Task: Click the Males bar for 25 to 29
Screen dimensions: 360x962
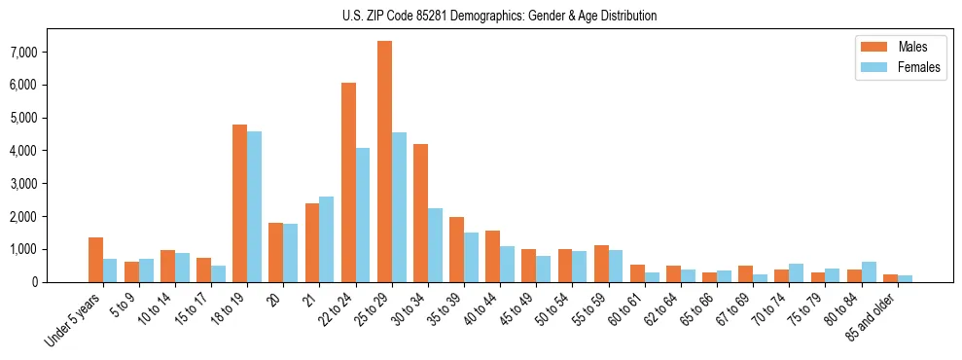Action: click(x=385, y=162)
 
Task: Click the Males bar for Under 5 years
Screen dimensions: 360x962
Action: click(x=95, y=260)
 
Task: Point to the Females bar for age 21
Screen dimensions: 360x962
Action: click(x=327, y=239)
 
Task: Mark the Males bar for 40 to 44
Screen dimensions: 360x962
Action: click(x=493, y=256)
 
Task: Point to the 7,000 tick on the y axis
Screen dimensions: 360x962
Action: click(x=51, y=52)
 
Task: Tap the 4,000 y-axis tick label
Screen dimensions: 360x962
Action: click(x=51, y=151)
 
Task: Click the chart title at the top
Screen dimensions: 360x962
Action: click(x=499, y=16)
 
